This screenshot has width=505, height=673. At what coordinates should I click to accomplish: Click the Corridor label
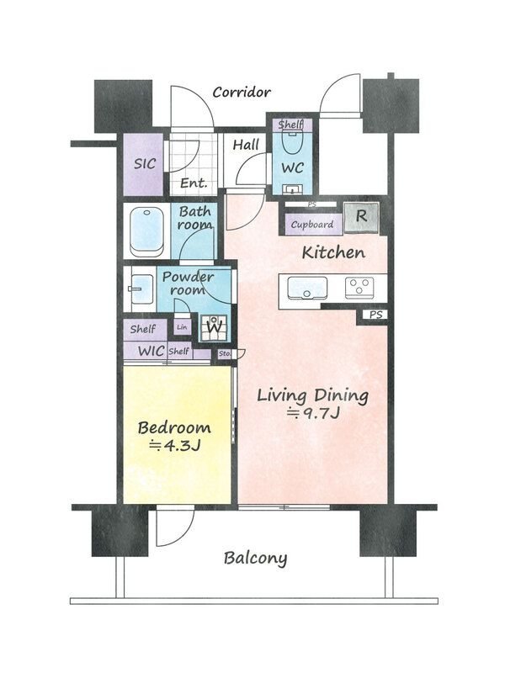pos(242,92)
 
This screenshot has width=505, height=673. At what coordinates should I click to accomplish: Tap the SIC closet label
pos(145,163)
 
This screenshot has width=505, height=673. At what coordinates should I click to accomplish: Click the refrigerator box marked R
pos(362,218)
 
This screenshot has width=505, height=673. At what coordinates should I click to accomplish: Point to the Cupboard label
pos(312,225)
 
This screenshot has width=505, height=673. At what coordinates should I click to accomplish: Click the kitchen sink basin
pos(307,287)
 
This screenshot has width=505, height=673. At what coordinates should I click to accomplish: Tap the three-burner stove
pos(359,288)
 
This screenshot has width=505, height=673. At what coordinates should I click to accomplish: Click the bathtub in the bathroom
pos(146,232)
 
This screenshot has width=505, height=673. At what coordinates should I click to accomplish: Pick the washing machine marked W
pos(214,327)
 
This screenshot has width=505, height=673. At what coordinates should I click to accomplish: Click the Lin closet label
pos(182,327)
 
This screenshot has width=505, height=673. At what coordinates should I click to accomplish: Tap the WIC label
pos(151,351)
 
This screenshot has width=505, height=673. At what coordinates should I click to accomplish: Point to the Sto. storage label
pos(225,354)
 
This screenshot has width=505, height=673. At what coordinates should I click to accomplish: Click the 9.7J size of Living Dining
pos(314,414)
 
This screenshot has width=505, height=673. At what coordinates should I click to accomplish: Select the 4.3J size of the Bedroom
pos(175,446)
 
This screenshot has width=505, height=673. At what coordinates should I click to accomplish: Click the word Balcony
pos(256,559)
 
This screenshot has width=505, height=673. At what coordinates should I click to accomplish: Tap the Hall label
pos(246,145)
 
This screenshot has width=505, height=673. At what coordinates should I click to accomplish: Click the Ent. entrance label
pos(194,183)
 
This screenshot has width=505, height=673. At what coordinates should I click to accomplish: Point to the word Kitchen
pos(333,252)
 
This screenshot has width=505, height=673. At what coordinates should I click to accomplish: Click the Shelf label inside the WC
pos(290,125)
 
